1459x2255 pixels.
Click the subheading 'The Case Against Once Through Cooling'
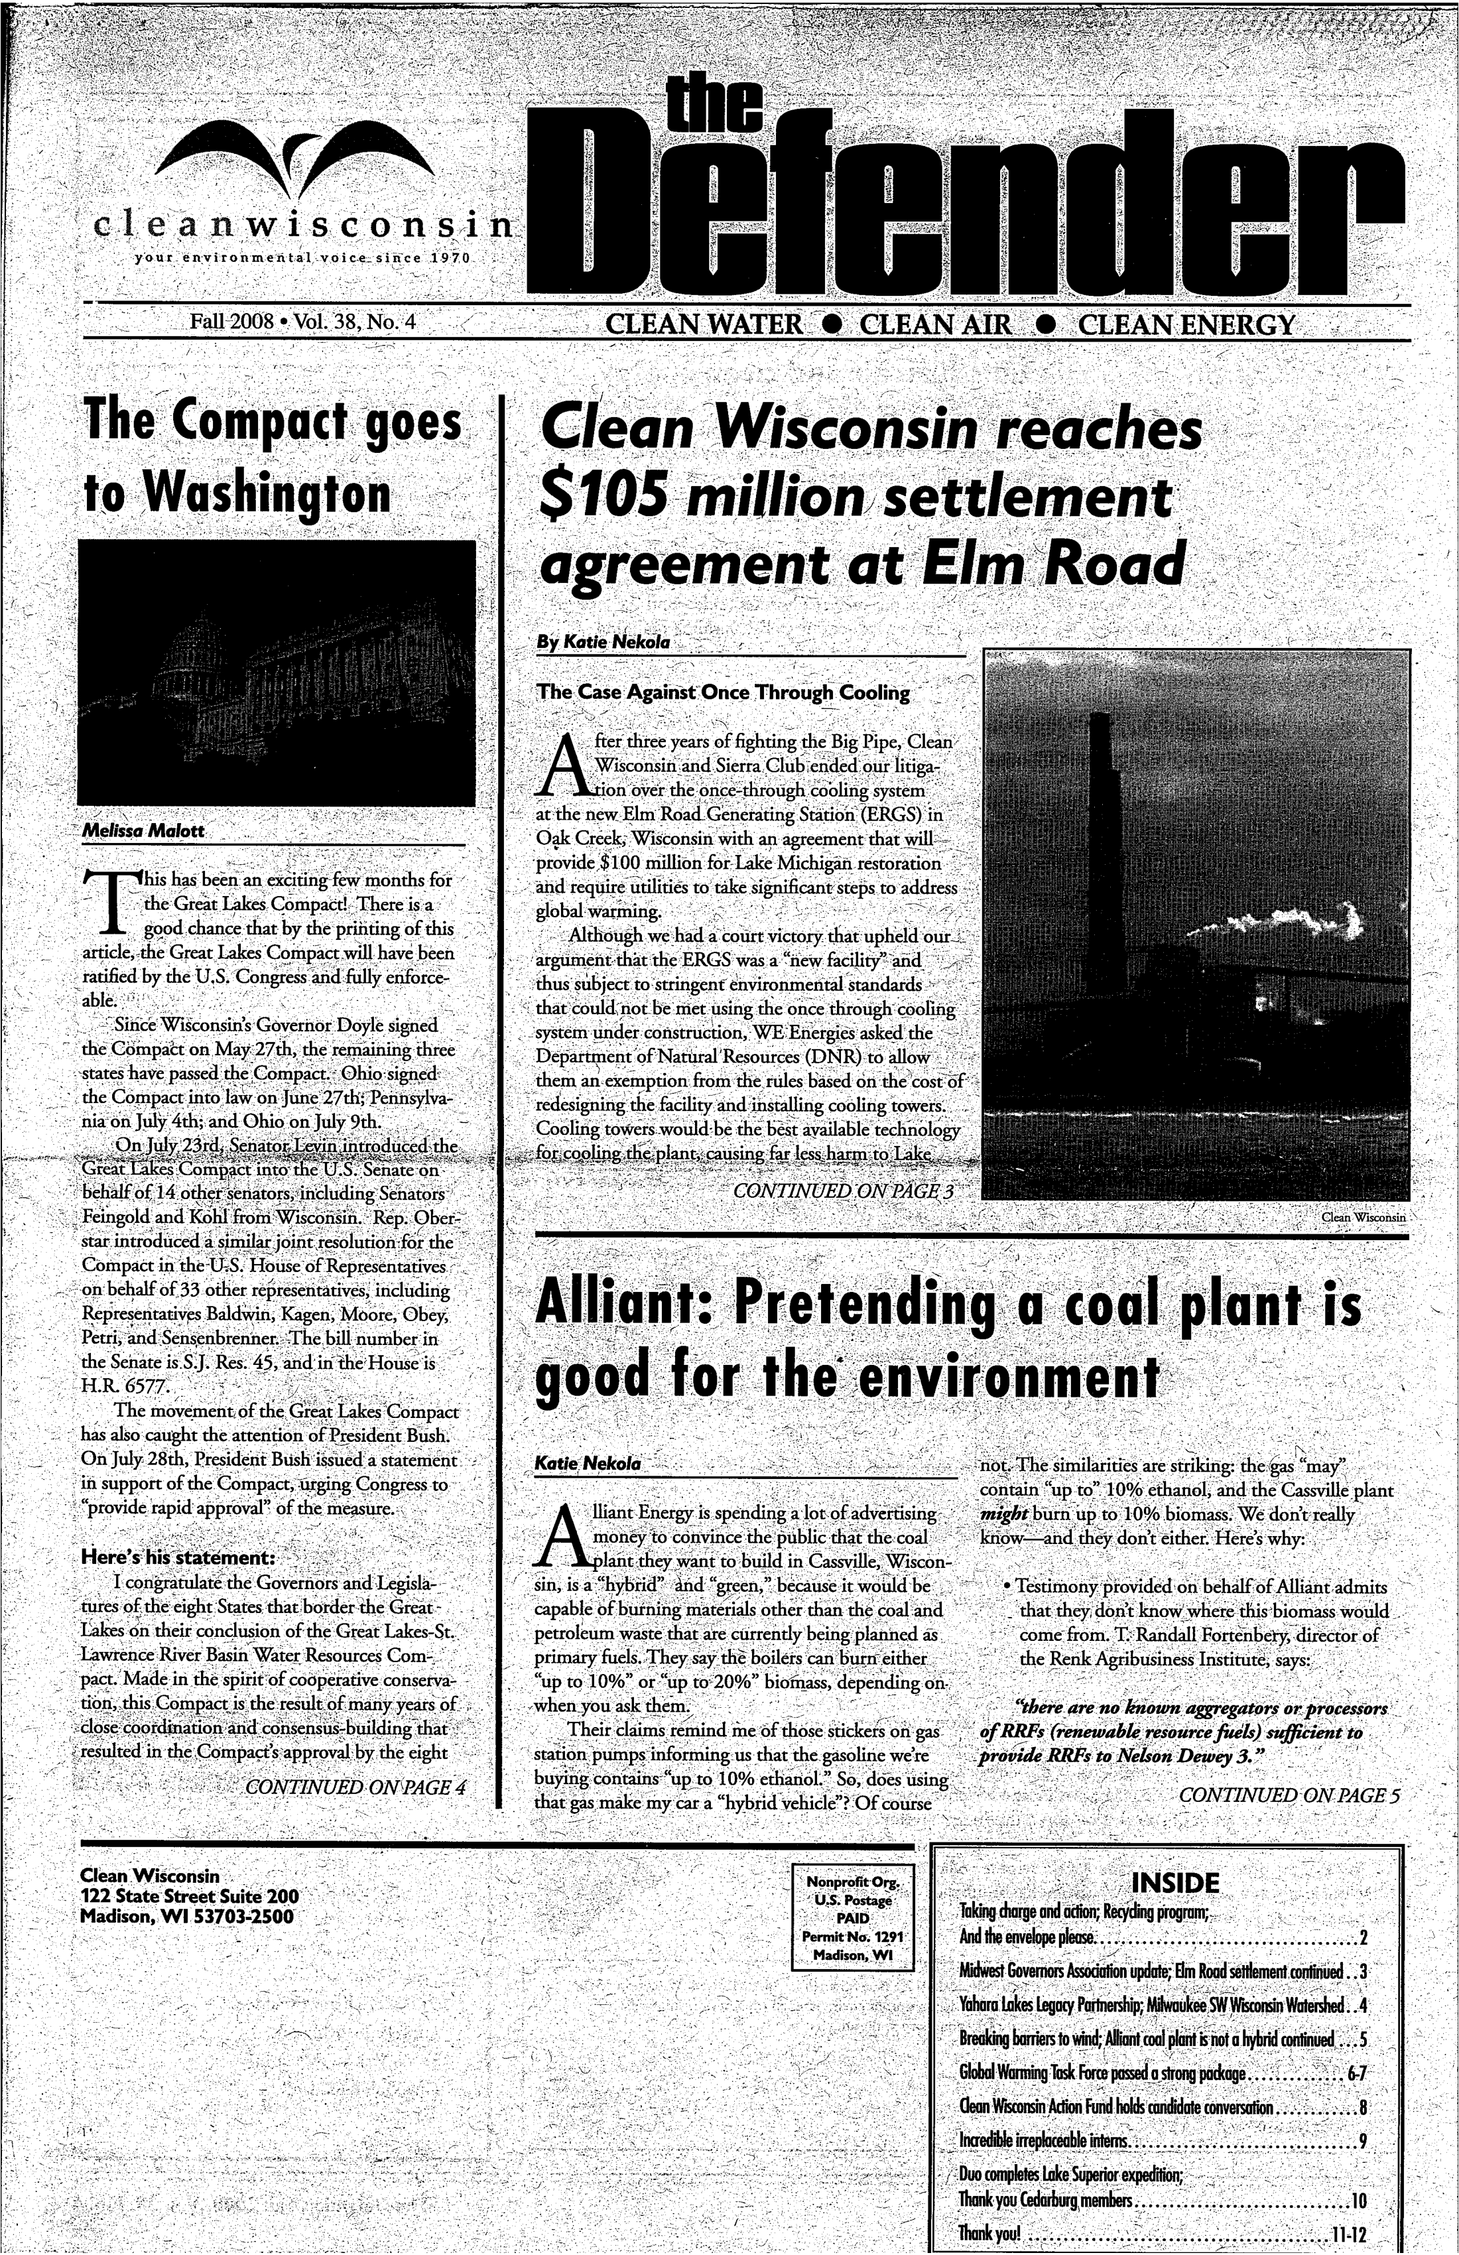[723, 692]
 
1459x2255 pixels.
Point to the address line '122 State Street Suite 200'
[190, 1896]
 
